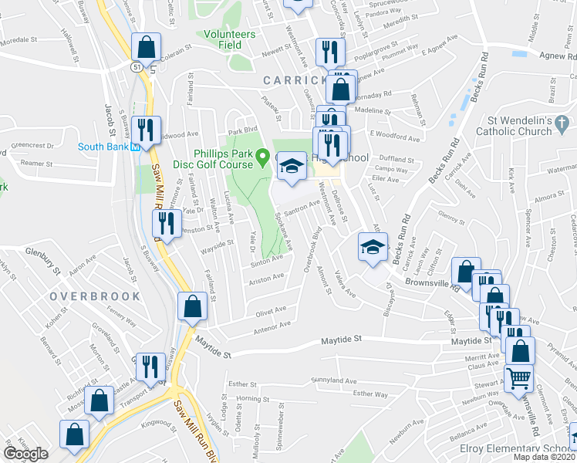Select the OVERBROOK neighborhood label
(x=95, y=296)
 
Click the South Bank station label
(x=103, y=147)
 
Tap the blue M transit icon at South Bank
(x=134, y=147)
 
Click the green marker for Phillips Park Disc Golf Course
(x=263, y=159)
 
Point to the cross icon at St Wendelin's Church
(x=562, y=122)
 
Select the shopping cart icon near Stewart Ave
(x=519, y=377)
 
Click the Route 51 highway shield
(x=136, y=67)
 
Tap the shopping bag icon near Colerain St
(x=145, y=48)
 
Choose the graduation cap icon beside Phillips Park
(x=291, y=165)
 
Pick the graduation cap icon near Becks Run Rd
(x=372, y=248)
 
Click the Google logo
(x=26, y=453)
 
